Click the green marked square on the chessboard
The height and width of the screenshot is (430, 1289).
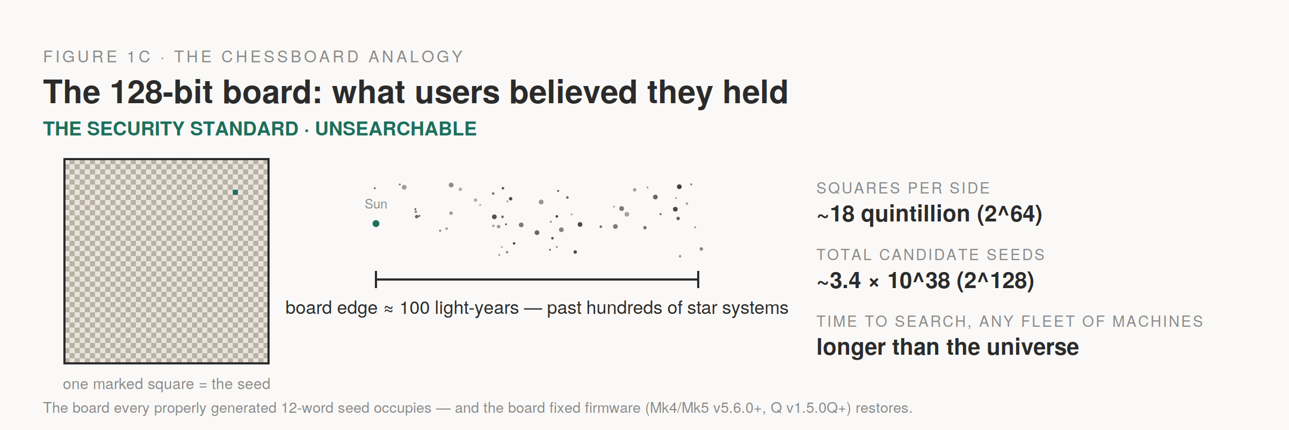[235, 192]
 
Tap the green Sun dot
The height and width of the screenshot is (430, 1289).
[376, 224]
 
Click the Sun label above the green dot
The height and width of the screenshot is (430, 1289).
[376, 204]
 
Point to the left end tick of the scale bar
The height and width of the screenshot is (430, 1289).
[376, 279]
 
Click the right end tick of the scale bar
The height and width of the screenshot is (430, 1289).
[698, 279]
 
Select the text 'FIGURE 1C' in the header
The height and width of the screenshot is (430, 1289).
[97, 56]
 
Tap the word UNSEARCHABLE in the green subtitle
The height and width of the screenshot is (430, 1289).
[396, 129]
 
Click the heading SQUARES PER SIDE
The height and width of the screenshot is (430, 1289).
[903, 188]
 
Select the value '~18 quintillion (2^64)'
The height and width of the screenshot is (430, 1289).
[930, 214]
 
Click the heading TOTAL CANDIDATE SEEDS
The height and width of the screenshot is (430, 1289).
[931, 255]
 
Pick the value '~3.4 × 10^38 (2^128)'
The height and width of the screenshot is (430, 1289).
[925, 281]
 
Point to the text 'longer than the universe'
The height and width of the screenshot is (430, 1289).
[948, 347]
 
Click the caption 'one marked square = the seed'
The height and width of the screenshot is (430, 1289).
[166, 384]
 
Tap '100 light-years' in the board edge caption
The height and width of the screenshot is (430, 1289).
[460, 308]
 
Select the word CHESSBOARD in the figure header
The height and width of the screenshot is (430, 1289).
[291, 56]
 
